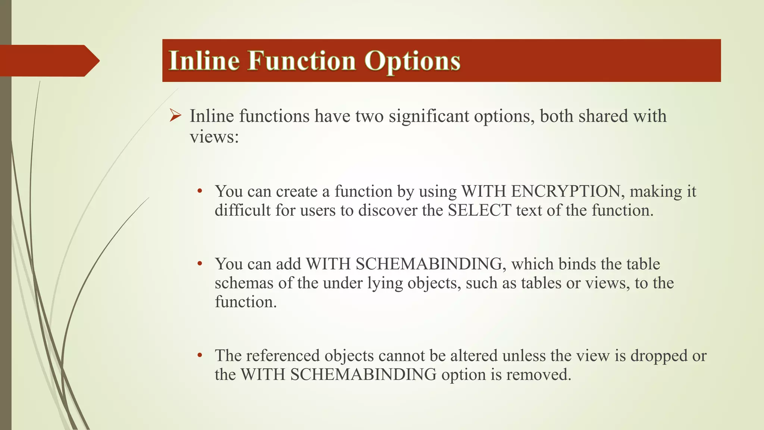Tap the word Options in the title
click(412, 60)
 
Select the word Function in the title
click(302, 60)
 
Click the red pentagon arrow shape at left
click(48, 60)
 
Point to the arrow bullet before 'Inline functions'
click(175, 115)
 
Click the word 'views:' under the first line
click(214, 137)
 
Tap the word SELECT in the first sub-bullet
click(479, 211)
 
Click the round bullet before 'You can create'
click(200, 191)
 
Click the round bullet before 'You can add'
click(200, 264)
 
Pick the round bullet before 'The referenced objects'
click(200, 355)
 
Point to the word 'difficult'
click(242, 211)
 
